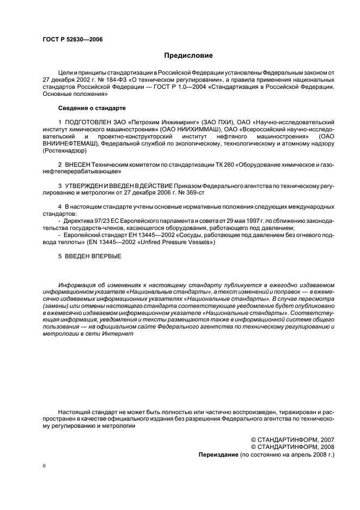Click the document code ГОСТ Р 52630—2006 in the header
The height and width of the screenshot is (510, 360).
(72, 39)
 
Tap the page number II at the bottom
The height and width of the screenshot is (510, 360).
(44, 467)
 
